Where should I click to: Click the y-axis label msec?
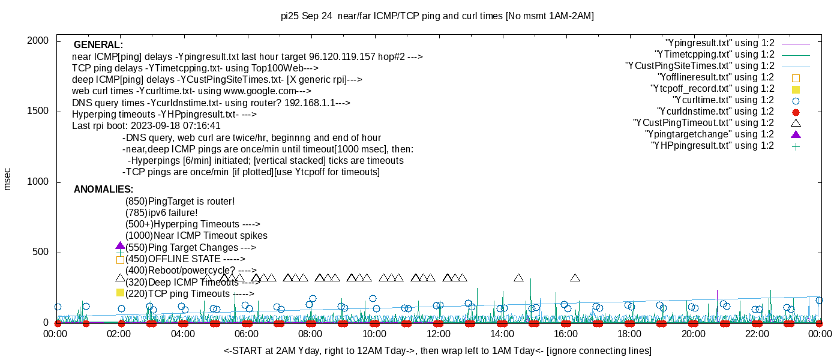tap(7, 179)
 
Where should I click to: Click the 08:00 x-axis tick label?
tap(311, 334)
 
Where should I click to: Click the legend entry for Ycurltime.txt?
tap(723, 100)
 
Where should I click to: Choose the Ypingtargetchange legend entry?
tap(709, 134)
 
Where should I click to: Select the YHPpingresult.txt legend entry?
tap(712, 146)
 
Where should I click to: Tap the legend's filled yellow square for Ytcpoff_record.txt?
tap(796, 89)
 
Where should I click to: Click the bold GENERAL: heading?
tap(98, 45)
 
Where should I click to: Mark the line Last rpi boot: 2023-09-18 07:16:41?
tap(146, 126)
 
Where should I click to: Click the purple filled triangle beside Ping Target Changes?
tap(120, 245)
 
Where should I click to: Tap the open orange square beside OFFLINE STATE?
tap(120, 260)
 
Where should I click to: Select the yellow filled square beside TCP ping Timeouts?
tap(120, 292)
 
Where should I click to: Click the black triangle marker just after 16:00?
tap(575, 278)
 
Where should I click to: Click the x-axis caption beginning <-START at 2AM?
tap(437, 350)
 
